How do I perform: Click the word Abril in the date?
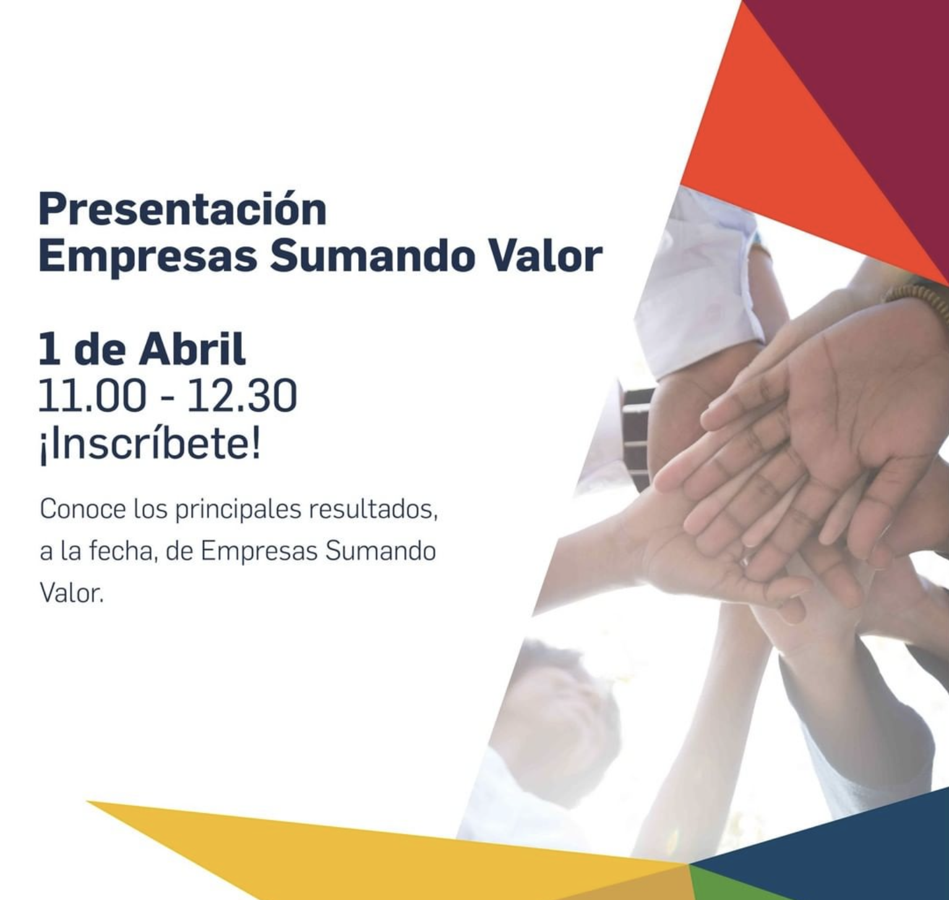click(x=192, y=349)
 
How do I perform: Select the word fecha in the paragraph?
click(x=120, y=551)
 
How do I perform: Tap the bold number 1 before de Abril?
click(x=49, y=350)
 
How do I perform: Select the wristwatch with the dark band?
click(x=636, y=433)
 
